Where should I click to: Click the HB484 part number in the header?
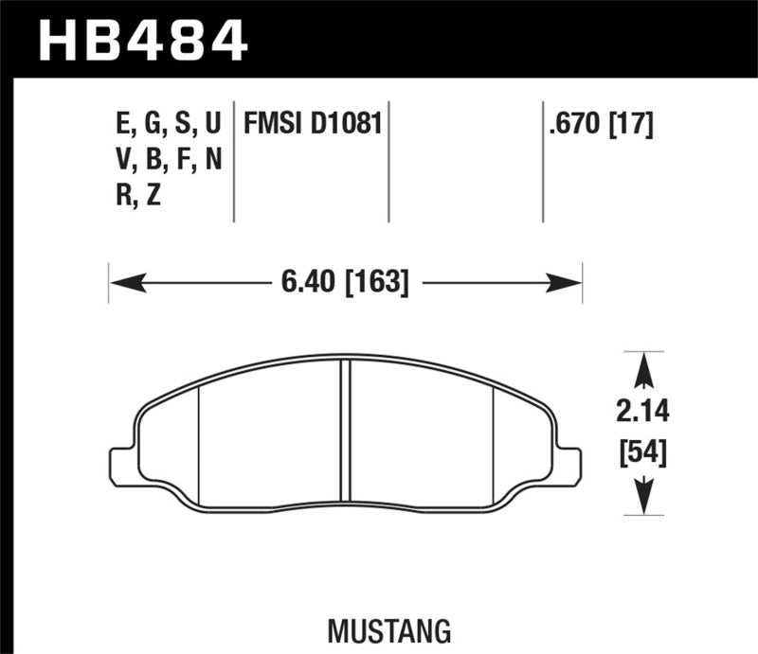tap(141, 40)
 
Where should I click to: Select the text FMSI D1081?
tap(313, 124)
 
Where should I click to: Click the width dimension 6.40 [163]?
tap(345, 282)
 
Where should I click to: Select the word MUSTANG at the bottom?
tap(378, 628)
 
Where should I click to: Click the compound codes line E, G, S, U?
tap(167, 124)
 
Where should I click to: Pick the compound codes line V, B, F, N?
tap(167, 160)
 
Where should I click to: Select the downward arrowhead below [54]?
tap(644, 497)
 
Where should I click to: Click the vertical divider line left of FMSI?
tap(233, 161)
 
